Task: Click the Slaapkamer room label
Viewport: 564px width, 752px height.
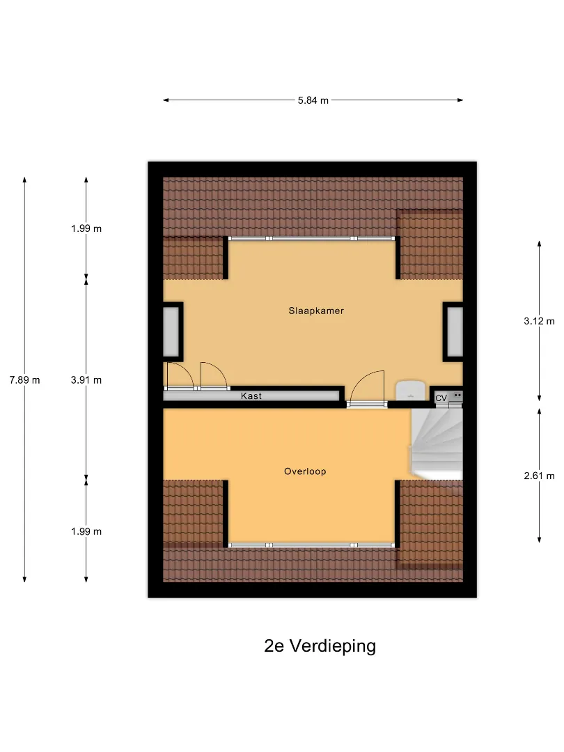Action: (x=316, y=311)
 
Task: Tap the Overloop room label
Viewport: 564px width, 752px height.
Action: (x=305, y=471)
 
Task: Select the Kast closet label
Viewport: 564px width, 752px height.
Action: (x=251, y=396)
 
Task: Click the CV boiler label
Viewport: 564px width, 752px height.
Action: (x=441, y=398)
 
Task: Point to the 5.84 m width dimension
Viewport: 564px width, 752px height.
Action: (x=313, y=101)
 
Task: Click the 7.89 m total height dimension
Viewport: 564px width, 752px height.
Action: (x=25, y=380)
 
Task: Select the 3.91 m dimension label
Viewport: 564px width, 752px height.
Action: (x=86, y=380)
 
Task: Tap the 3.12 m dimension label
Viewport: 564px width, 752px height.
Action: (x=539, y=321)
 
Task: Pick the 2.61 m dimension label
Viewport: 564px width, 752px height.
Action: (x=539, y=476)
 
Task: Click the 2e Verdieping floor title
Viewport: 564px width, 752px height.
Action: (x=320, y=646)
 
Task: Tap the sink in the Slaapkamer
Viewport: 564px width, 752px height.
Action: (x=412, y=390)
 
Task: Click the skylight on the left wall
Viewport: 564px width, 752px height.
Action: (x=171, y=332)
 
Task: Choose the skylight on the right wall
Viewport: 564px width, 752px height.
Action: (x=455, y=332)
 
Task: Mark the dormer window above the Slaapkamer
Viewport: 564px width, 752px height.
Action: (x=312, y=238)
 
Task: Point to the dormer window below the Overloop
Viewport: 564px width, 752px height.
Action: (x=312, y=545)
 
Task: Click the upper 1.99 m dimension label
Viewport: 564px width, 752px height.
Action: (x=86, y=229)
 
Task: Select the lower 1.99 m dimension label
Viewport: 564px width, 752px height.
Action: (x=86, y=531)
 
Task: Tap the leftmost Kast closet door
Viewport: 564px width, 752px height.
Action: (x=180, y=377)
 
